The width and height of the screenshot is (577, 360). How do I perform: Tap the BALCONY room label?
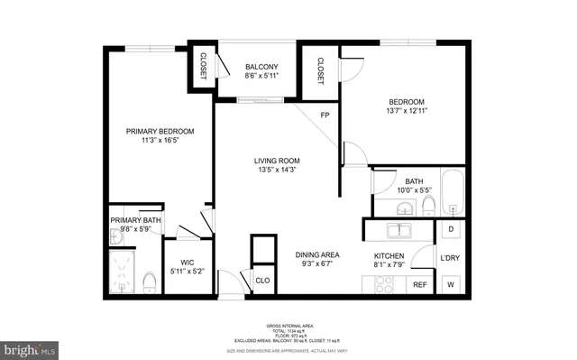pos(261,67)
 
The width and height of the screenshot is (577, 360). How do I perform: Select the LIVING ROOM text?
pos(276,162)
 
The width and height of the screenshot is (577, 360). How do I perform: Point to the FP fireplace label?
pos(325,115)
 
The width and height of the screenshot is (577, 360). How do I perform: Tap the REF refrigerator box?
pos(419,285)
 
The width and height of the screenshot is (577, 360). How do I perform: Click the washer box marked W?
pos(450,285)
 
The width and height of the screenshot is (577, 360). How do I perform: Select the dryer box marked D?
pos(450,231)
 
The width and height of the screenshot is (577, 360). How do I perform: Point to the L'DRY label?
pos(450,259)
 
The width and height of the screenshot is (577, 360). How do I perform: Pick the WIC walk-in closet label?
pos(188,263)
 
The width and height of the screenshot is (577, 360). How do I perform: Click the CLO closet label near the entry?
pos(262,281)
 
